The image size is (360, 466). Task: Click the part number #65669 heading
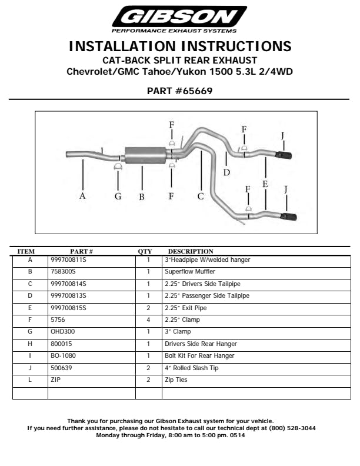click(x=179, y=91)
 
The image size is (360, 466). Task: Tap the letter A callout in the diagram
click(x=83, y=196)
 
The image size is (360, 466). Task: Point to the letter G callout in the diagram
click(x=118, y=196)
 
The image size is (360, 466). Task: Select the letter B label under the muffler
click(x=142, y=197)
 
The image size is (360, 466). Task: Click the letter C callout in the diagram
click(x=200, y=196)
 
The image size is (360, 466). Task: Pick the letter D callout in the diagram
click(x=226, y=172)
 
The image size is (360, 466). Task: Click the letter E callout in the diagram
click(x=265, y=184)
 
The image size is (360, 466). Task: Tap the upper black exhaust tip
click(x=285, y=155)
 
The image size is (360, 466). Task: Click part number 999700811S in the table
click(x=68, y=259)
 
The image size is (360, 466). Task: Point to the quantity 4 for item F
click(x=149, y=320)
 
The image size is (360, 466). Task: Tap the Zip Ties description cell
click(x=176, y=380)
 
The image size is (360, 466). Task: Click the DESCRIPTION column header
click(x=191, y=252)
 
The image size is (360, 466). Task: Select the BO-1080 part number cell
click(x=63, y=356)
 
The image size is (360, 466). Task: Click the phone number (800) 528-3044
click(x=292, y=428)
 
